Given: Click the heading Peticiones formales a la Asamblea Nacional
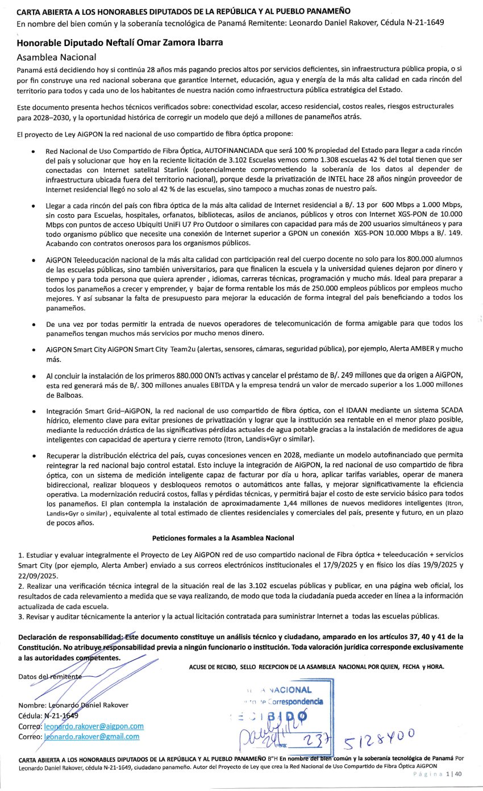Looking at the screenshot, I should point(223,538).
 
